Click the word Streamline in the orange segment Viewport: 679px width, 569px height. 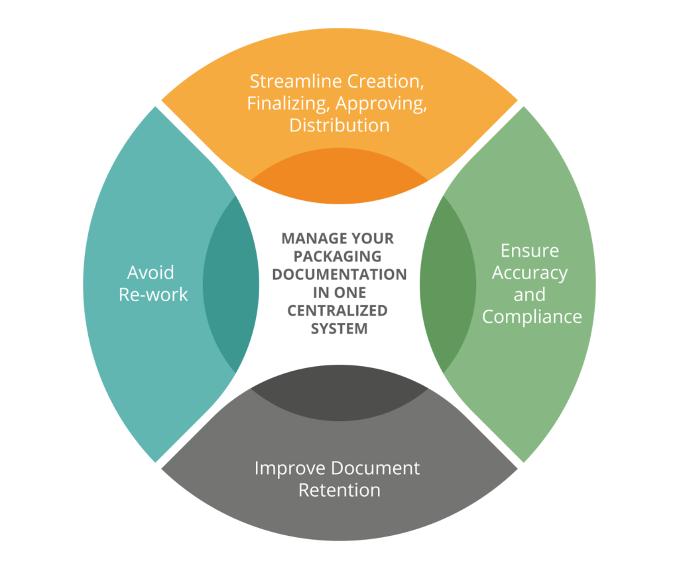(x=296, y=82)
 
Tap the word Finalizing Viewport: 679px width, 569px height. (x=287, y=104)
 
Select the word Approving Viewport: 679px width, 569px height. (x=381, y=104)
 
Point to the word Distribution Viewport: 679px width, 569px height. (x=339, y=125)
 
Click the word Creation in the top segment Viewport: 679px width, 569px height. (x=385, y=82)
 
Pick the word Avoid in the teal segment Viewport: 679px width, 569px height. (x=151, y=273)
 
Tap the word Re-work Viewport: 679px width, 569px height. (x=153, y=295)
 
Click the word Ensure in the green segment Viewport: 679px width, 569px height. (x=530, y=251)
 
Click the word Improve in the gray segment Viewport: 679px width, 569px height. (x=290, y=469)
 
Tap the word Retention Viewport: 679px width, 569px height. (x=339, y=491)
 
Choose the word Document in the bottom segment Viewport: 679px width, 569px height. (x=375, y=469)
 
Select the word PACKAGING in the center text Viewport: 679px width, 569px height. (x=338, y=257)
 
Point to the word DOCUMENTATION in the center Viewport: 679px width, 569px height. (x=339, y=275)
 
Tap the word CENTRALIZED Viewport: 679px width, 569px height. (x=338, y=311)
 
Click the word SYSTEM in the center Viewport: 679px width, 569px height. (x=339, y=329)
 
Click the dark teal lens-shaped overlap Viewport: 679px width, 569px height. (x=231, y=285)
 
